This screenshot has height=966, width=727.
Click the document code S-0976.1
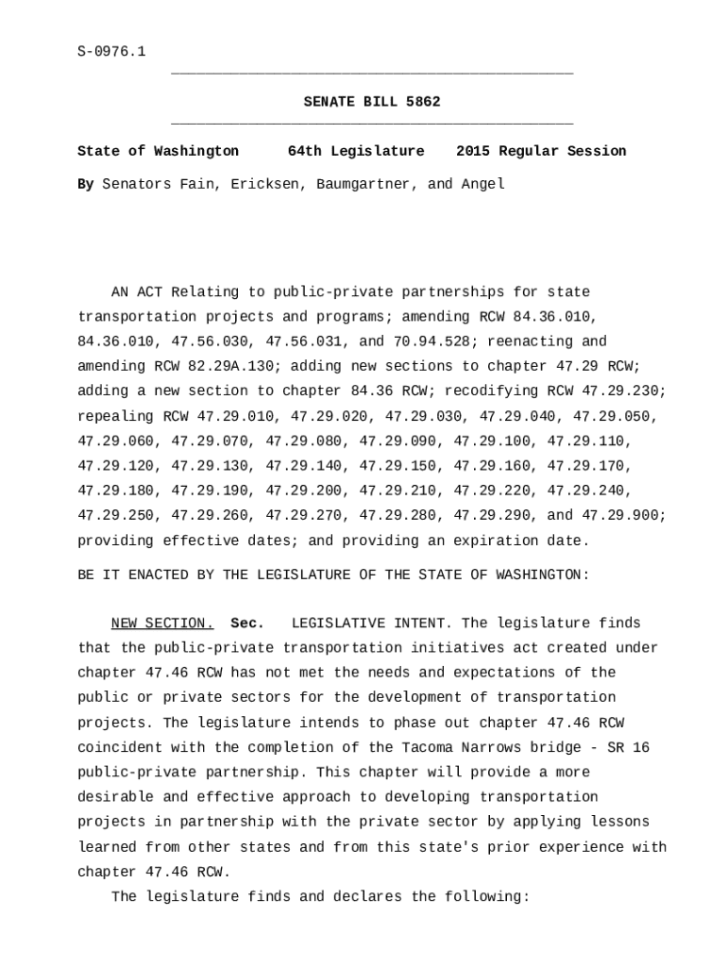pyautogui.click(x=111, y=52)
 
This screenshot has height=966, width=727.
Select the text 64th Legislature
pyautogui.click(x=356, y=151)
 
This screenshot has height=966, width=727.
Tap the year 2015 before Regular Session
pyautogui.click(x=473, y=151)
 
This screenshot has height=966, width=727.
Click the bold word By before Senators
pyautogui.click(x=86, y=184)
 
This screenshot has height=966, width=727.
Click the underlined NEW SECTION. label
pyautogui.click(x=162, y=624)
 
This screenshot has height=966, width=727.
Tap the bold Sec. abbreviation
pyautogui.click(x=247, y=624)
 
